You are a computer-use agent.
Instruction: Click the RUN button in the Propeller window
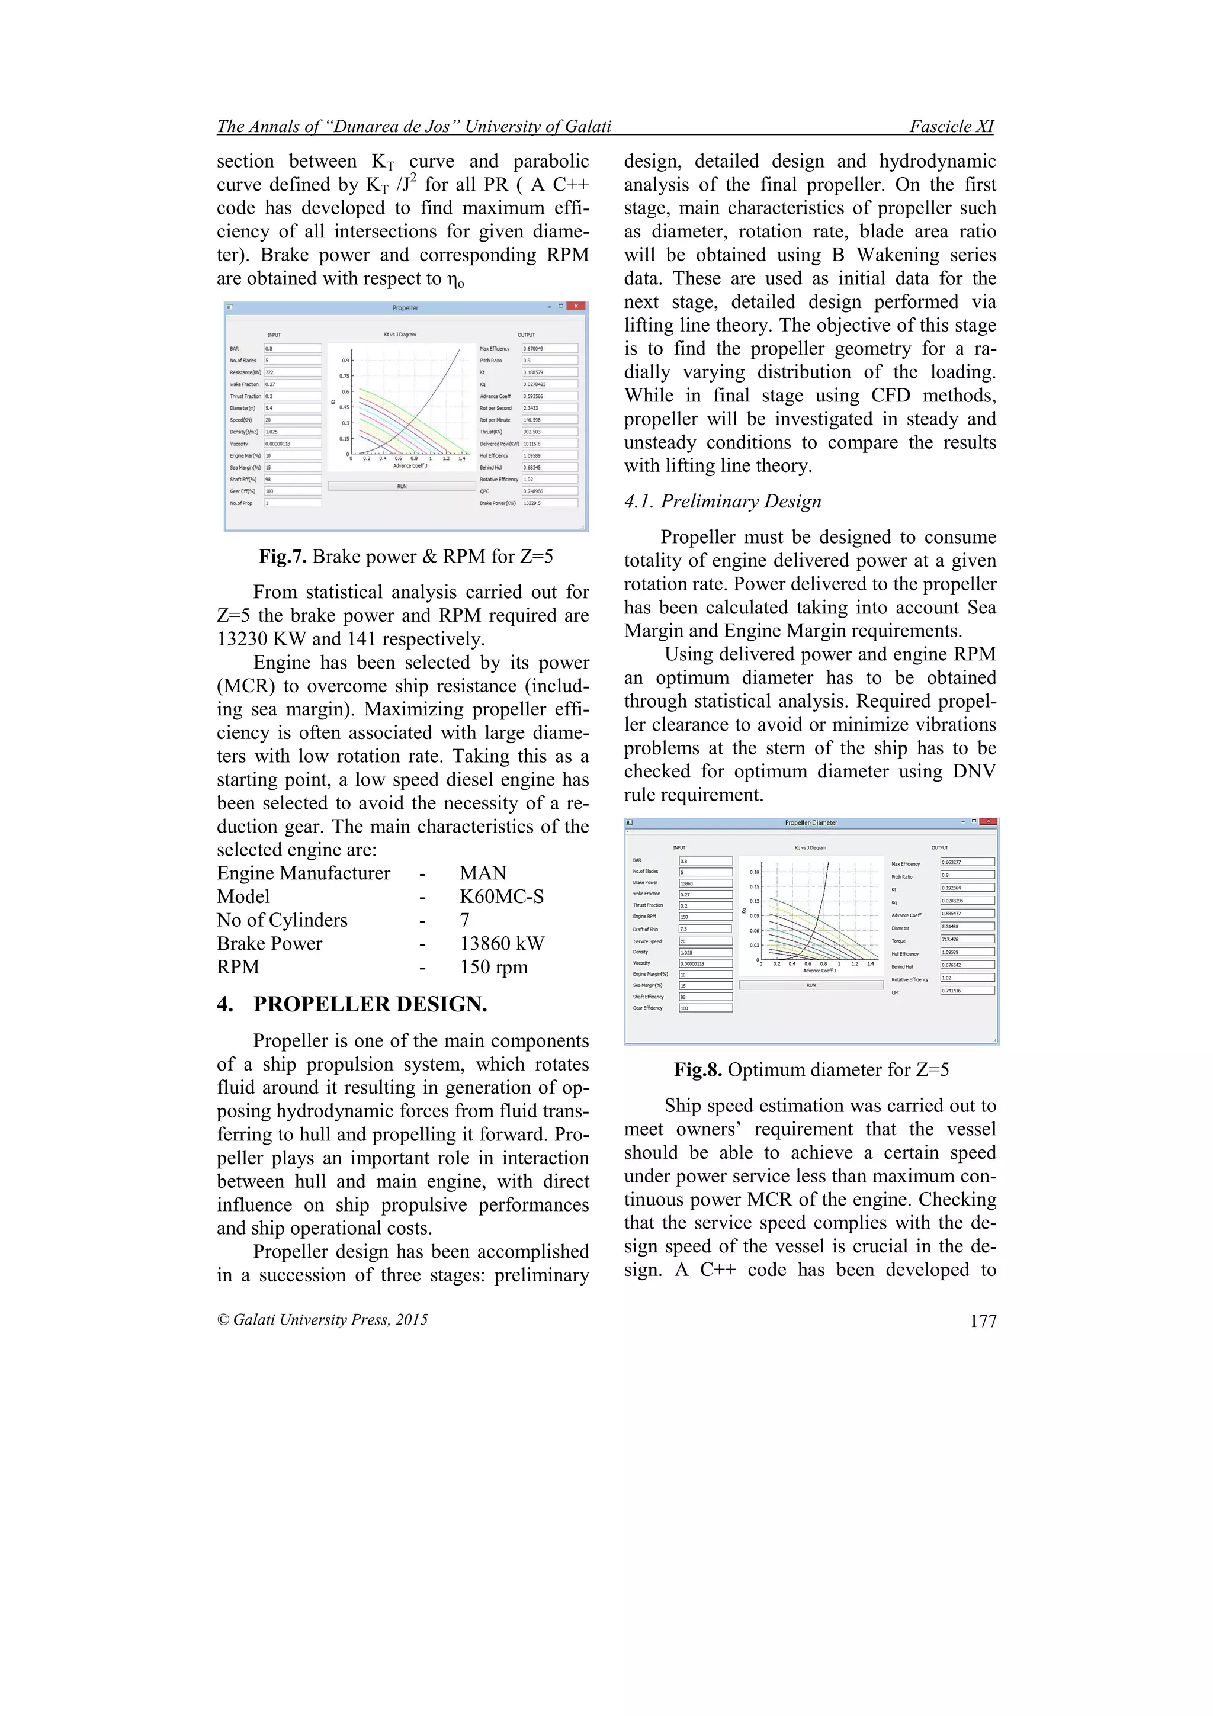(x=402, y=487)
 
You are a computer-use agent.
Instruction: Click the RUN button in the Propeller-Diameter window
(x=811, y=985)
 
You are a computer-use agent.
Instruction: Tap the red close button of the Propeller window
(x=576, y=307)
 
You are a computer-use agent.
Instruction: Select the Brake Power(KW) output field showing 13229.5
(x=549, y=503)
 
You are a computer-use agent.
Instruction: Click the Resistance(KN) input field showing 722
(x=292, y=372)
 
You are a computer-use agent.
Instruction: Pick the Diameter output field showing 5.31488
(x=967, y=926)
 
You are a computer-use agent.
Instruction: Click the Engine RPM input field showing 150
(x=705, y=916)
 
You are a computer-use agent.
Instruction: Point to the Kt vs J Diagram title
(x=400, y=335)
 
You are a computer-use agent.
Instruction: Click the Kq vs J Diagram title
(x=810, y=847)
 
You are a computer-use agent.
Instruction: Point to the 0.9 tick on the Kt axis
(x=345, y=360)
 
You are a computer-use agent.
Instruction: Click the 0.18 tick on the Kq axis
(x=754, y=872)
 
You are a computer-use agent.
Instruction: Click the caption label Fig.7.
(x=283, y=557)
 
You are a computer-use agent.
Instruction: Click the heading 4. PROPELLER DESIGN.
(x=352, y=1004)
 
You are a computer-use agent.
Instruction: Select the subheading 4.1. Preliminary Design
(x=723, y=502)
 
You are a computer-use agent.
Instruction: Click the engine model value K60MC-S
(x=502, y=897)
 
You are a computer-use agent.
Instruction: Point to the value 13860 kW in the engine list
(x=502, y=944)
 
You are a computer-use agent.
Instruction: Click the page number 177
(x=983, y=1322)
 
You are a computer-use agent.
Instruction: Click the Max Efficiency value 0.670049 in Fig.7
(x=549, y=348)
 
